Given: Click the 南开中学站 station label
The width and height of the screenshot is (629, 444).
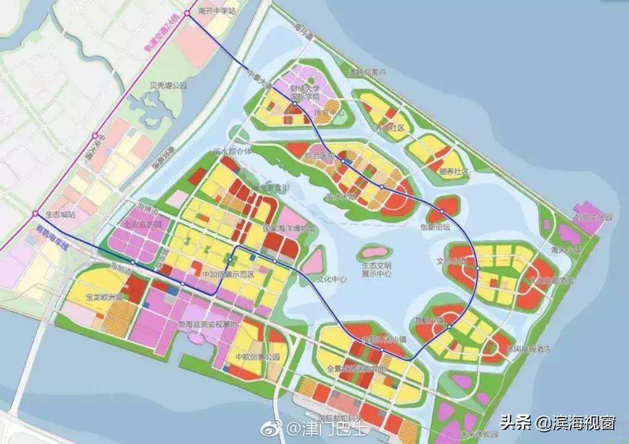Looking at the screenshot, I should [x=217, y=11].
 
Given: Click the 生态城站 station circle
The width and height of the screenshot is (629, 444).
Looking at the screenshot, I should [x=34, y=214].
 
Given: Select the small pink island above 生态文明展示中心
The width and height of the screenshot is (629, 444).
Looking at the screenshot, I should [x=373, y=251].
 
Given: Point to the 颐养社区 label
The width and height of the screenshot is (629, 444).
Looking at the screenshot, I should [x=454, y=171].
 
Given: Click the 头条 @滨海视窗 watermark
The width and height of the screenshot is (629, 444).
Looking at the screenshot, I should [x=557, y=423].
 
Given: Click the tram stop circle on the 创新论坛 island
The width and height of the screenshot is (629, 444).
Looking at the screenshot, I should [x=442, y=213].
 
